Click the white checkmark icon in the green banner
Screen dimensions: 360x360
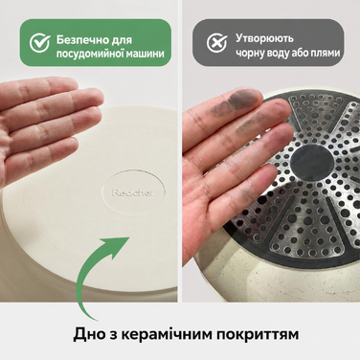(x=40, y=42)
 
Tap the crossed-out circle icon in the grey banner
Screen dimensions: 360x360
(x=216, y=42)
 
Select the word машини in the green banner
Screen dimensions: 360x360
(x=146, y=54)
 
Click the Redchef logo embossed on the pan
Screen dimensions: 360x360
(x=133, y=192)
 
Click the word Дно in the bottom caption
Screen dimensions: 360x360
(x=86, y=334)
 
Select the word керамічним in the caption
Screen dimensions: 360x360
(x=166, y=334)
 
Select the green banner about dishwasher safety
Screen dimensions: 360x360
(x=96, y=42)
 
